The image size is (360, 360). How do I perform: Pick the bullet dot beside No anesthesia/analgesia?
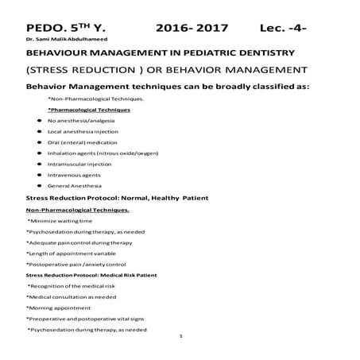click(x=40, y=119)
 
